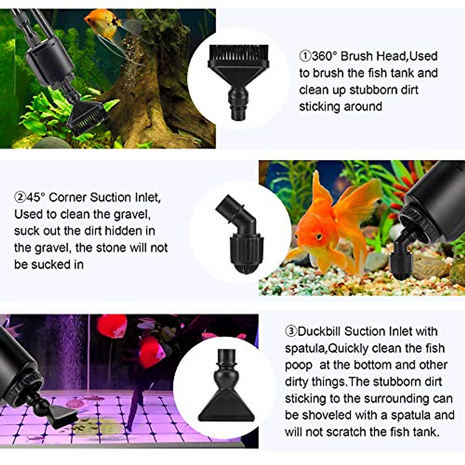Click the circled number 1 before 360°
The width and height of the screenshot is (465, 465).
pos(305,56)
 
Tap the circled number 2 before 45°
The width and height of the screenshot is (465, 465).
pos(20,198)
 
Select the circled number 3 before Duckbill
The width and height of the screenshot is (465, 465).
pos(291,331)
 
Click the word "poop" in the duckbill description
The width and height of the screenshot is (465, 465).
pos(298,365)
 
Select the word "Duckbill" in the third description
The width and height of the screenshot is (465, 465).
pos(319,331)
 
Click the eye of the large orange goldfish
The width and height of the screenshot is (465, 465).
pos(319,236)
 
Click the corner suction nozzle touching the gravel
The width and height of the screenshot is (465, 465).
pos(399,260)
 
